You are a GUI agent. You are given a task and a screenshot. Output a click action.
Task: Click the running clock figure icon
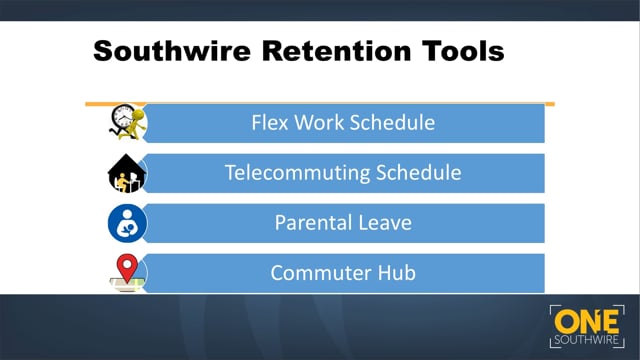[127, 123]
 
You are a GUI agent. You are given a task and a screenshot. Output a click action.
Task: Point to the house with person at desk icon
[127, 174]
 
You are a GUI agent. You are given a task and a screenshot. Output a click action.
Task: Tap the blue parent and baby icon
[127, 223]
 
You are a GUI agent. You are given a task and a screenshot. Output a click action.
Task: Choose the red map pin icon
[127, 270]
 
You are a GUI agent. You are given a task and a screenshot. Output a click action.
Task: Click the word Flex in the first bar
[270, 124]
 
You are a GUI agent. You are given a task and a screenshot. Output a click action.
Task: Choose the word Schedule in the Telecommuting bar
[422, 173]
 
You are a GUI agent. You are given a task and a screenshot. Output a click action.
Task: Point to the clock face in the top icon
[123, 117]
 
